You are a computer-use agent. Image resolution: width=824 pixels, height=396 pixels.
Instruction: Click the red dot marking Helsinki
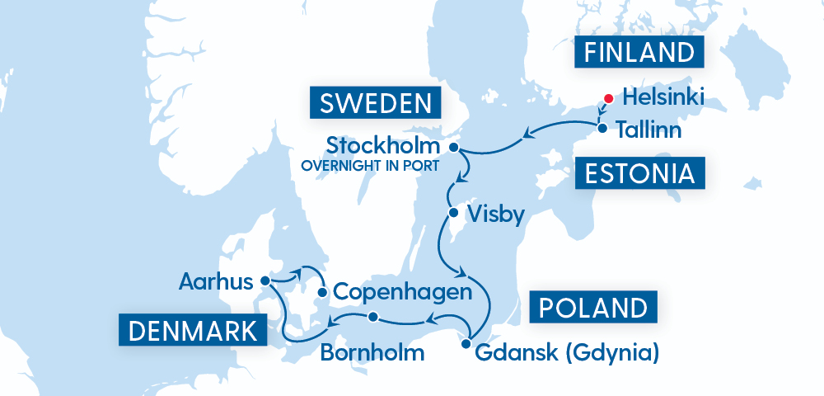608,98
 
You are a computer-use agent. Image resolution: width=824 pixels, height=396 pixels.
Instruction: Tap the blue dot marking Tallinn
602,129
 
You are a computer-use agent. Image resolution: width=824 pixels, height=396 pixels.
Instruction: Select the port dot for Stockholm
453,147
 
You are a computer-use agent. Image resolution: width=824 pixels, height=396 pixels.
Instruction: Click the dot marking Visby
452,214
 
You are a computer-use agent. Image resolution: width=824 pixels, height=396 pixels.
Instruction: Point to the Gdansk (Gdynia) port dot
466,344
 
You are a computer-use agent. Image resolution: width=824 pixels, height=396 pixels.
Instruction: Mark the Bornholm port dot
372,317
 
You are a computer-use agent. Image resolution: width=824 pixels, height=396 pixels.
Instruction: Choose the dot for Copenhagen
322,292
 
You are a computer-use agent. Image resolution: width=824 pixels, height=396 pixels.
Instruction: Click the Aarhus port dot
265,280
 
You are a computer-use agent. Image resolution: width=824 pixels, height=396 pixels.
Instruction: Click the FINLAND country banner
639,53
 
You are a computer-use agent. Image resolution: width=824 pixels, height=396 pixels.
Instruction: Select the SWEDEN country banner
376,104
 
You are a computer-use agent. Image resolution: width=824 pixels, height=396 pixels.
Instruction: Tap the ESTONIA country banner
640,175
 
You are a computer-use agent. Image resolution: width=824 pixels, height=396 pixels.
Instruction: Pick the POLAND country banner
593,308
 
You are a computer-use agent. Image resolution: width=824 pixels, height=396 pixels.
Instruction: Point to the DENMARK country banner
193,332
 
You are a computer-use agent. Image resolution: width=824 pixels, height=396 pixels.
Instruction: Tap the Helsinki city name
664,97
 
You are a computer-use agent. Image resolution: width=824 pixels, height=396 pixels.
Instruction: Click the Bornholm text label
372,354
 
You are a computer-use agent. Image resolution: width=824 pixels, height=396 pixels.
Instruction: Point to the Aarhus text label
215,282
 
